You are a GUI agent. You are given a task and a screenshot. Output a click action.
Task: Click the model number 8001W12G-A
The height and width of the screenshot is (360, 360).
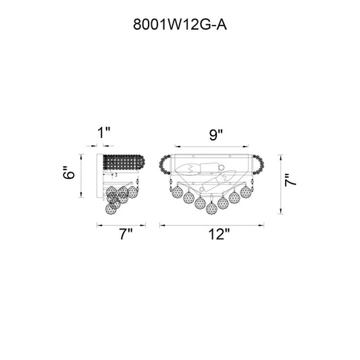coord(180,24)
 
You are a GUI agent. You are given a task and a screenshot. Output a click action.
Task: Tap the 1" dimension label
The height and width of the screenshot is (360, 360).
coord(104,132)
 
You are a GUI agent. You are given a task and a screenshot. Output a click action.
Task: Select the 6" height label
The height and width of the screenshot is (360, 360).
coord(69,172)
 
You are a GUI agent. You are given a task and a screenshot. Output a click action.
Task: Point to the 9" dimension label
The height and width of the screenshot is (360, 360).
coord(216,135)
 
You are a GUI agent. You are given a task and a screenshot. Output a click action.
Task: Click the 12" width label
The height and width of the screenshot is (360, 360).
coord(219,234)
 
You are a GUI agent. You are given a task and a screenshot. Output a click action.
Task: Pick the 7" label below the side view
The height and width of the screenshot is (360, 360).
coord(126,234)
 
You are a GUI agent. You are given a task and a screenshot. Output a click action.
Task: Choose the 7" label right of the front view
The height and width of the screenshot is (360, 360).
coord(290,180)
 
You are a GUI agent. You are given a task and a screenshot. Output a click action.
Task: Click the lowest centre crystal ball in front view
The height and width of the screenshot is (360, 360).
coord(211,209)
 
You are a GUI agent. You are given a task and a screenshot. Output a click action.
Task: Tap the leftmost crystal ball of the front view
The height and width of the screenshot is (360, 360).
coord(178,192)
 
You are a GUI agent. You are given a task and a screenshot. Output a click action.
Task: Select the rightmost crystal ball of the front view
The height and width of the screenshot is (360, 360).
coord(245,192)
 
